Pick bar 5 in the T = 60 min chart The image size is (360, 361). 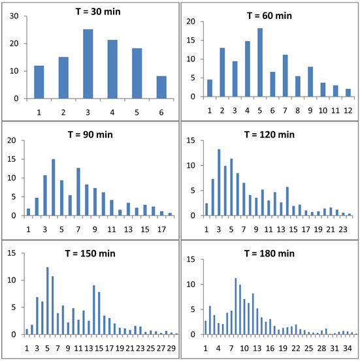pos(259,63)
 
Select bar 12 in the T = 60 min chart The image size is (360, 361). pos(348,93)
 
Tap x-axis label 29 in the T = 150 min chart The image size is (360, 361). pos(172,347)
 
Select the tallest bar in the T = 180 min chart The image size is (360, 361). pos(236,306)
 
